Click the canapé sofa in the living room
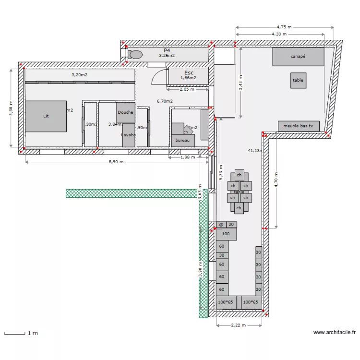point(298,57)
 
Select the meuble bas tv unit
point(298,126)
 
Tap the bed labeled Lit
point(46,116)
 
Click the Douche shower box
point(125,112)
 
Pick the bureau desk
point(183,140)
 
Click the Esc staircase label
point(188,72)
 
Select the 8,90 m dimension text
point(116,162)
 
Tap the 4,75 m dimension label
point(285,27)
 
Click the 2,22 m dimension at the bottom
point(239,325)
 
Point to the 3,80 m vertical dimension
point(11,108)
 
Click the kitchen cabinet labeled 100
point(226,234)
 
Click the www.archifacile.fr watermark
point(334,332)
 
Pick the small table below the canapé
point(298,81)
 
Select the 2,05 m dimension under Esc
point(187,89)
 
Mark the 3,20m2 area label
point(80,75)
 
